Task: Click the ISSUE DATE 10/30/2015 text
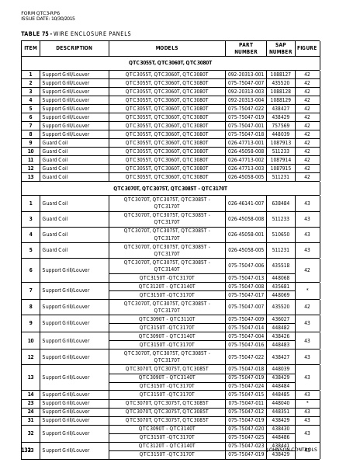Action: [48, 18]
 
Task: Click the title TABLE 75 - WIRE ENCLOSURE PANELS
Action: [75, 34]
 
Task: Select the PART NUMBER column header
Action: [245, 48]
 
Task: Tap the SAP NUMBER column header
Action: [280, 48]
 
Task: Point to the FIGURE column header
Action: [306, 48]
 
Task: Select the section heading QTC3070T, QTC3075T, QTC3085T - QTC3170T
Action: [170, 188]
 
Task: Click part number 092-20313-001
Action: [245, 75]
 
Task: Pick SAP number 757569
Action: [280, 125]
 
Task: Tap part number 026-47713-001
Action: [245, 142]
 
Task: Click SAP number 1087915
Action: [280, 168]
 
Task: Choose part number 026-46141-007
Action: [245, 203]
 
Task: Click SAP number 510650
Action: [280, 235]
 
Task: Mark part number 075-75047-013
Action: [245, 277]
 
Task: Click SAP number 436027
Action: [280, 318]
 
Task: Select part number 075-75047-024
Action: [245, 385]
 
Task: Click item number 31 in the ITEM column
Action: [30, 419]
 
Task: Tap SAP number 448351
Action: [280, 411]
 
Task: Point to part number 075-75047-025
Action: [245, 436]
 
